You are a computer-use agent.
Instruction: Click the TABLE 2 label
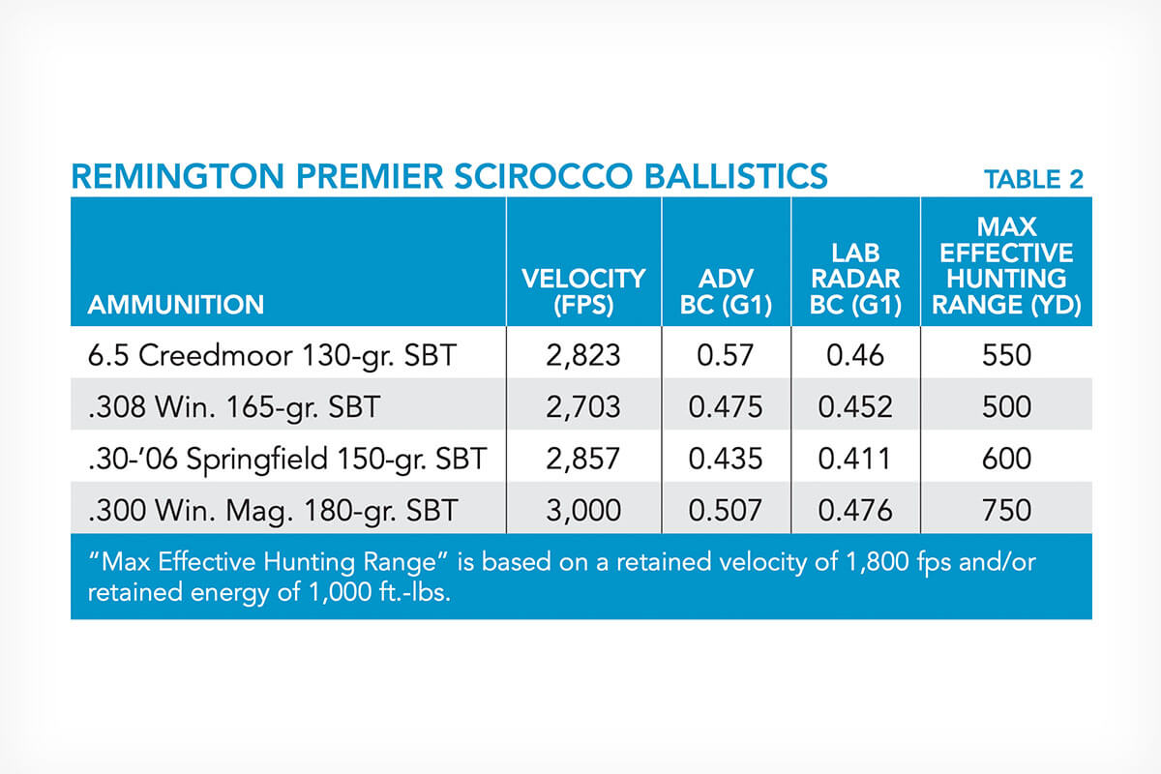tap(1034, 179)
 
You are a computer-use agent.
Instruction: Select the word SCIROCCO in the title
tap(544, 176)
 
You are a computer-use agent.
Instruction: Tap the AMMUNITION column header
tap(176, 305)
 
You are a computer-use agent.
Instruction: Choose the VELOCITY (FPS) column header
tap(583, 291)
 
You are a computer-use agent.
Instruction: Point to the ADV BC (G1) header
tap(727, 291)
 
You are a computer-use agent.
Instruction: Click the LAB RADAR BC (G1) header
tap(855, 279)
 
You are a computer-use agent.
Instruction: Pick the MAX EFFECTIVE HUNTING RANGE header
tap(1006, 265)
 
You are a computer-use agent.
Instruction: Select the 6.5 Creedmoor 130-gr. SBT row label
tap(272, 356)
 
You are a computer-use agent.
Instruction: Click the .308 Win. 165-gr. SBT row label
tap(234, 407)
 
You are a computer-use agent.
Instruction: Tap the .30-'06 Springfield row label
tap(287, 460)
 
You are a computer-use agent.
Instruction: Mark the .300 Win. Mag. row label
tap(273, 511)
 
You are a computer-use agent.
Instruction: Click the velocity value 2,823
tap(583, 356)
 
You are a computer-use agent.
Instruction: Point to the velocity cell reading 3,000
tap(583, 510)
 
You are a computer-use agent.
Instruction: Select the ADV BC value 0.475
tap(726, 407)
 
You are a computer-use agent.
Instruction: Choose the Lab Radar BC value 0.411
tap(854, 459)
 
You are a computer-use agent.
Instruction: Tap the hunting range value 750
tap(1006, 510)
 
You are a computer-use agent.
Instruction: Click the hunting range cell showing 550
tap(1006, 356)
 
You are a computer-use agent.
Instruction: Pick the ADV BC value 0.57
tap(725, 356)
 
